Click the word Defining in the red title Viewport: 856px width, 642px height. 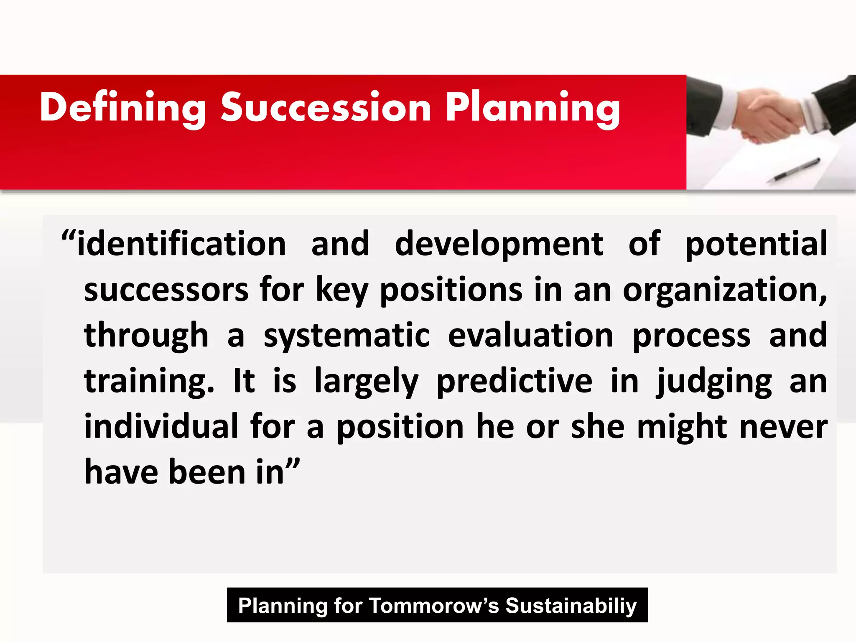click(x=122, y=108)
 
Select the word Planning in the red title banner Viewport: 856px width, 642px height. click(x=532, y=108)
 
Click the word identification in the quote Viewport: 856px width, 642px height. click(x=181, y=244)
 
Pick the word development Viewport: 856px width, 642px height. click(x=499, y=245)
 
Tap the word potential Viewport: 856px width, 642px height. click(x=756, y=245)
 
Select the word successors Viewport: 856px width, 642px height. click(x=166, y=290)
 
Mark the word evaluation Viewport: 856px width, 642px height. click(x=530, y=336)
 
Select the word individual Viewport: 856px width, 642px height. click(x=161, y=427)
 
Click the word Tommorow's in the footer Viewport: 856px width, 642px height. click(x=434, y=606)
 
